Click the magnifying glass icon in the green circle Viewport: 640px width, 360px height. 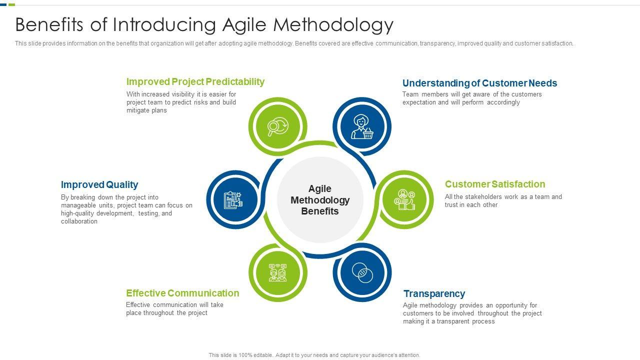[x=277, y=126]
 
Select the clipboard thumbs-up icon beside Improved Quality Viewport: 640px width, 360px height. [x=233, y=199]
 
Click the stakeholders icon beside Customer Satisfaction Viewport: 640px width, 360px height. [x=404, y=199]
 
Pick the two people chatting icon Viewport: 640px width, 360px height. [x=277, y=272]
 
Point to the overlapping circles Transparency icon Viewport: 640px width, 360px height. [x=362, y=273]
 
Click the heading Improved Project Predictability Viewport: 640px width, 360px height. [x=195, y=81]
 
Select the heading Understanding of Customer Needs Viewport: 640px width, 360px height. [x=479, y=83]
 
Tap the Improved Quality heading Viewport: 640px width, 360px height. [x=99, y=184]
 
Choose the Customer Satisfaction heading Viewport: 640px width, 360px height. [x=495, y=184]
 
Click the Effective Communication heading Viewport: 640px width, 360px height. [x=182, y=293]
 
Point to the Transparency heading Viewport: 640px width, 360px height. [x=434, y=293]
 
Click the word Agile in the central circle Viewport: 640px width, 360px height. [x=319, y=189]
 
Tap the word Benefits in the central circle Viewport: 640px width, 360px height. [x=320, y=211]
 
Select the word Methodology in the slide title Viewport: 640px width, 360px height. [x=333, y=25]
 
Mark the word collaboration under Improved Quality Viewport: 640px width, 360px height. [x=79, y=221]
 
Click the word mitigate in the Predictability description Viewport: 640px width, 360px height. [x=136, y=110]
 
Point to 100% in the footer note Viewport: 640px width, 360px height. [x=245, y=355]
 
